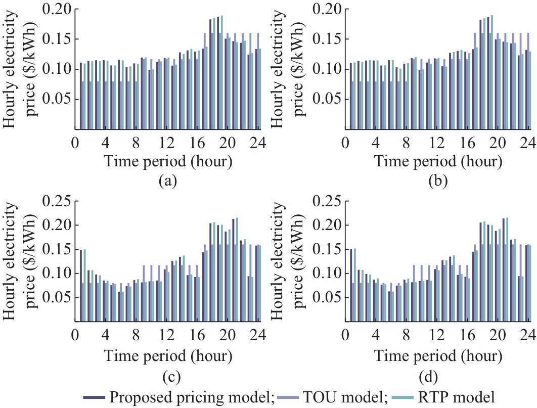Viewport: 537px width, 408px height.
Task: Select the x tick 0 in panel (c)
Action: click(x=75, y=335)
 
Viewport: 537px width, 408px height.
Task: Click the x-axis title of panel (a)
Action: click(x=168, y=162)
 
